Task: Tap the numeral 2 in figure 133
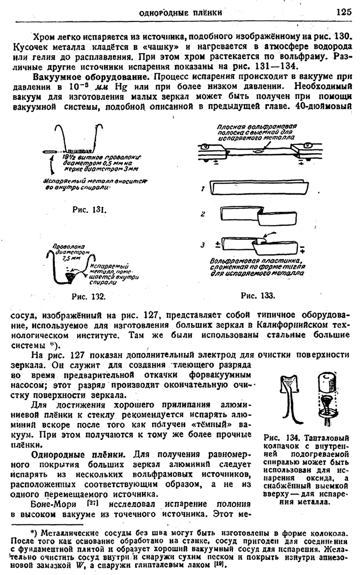pos(202,214)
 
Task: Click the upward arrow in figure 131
pos(51,167)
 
